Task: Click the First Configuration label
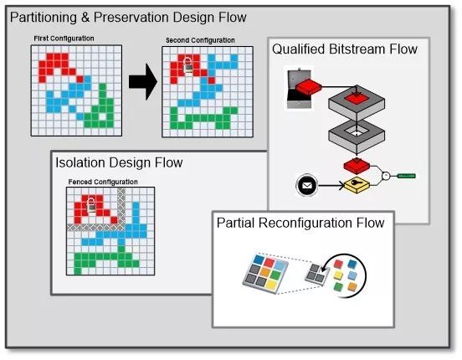click(x=64, y=39)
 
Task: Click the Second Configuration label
click(x=200, y=40)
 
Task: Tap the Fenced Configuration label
click(x=103, y=182)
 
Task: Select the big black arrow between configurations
click(x=143, y=82)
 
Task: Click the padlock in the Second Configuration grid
click(x=187, y=65)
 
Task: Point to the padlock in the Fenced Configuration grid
click(x=91, y=205)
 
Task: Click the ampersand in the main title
click(x=85, y=17)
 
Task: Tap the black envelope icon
click(x=306, y=186)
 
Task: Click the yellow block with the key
click(x=357, y=185)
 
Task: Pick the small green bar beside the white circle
click(x=407, y=176)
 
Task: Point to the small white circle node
click(x=386, y=176)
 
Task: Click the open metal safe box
click(x=299, y=89)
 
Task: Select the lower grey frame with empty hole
click(x=357, y=136)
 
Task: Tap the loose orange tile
click(x=352, y=286)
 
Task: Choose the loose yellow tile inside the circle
click(x=338, y=275)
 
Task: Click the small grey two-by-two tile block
click(x=315, y=274)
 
